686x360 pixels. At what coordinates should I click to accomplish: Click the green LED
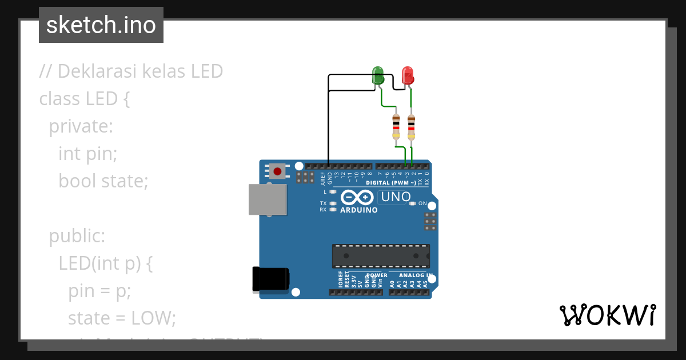click(378, 75)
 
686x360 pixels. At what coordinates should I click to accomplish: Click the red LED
click(408, 75)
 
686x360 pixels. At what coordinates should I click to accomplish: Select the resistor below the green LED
click(396, 126)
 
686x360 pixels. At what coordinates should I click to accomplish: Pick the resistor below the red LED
click(411, 126)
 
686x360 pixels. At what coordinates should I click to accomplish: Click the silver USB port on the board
click(268, 199)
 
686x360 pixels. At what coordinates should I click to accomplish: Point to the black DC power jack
click(270, 280)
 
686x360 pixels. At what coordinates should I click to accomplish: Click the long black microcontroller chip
click(381, 256)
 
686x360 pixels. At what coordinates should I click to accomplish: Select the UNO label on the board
click(394, 197)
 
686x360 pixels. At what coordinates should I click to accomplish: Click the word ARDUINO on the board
click(359, 210)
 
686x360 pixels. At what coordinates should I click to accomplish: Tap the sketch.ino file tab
click(101, 25)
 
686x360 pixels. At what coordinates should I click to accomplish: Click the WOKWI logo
click(607, 315)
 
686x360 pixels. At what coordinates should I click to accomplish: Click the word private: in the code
click(81, 126)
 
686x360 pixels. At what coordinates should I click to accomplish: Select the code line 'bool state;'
click(103, 181)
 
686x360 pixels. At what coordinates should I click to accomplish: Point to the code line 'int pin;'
click(87, 153)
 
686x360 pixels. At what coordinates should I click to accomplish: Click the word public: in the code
click(77, 235)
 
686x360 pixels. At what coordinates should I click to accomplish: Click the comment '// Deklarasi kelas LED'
click(131, 71)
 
